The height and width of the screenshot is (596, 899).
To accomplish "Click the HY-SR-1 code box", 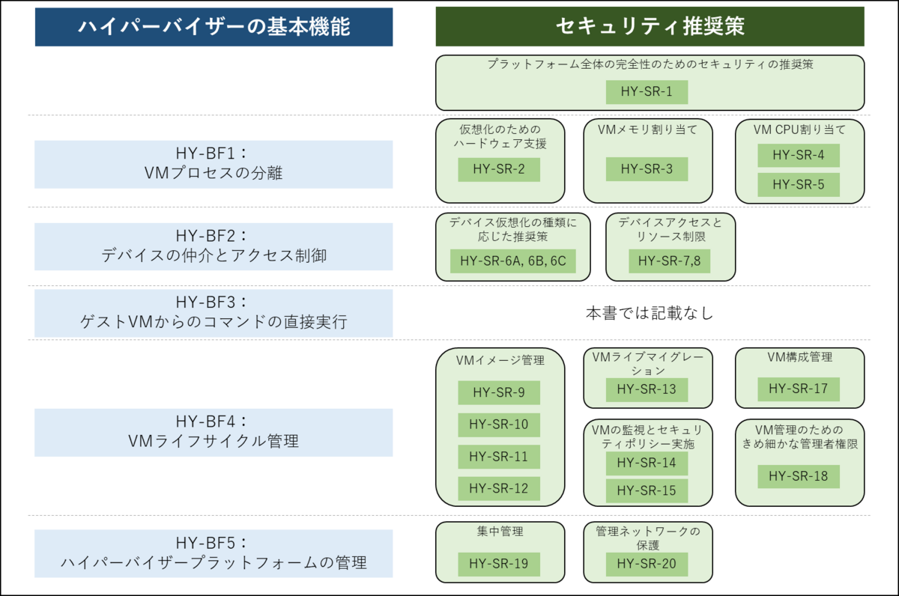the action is coord(647,92).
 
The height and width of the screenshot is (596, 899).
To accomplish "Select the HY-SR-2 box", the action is coord(499,169).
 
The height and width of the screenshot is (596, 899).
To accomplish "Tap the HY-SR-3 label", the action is coord(647,169).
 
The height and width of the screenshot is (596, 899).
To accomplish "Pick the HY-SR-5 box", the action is coord(799,184).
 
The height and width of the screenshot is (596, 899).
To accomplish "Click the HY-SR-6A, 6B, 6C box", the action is coord(513,261).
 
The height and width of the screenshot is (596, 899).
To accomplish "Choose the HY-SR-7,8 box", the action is coord(670,261).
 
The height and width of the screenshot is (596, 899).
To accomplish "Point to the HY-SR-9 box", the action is coord(499,392).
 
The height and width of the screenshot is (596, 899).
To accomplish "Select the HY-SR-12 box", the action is coord(499,488).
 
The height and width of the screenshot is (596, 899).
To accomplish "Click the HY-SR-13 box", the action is coord(647,389).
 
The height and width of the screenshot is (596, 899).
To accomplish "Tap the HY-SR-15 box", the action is coord(647,490).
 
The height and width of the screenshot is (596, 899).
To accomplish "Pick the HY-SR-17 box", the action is coord(799,389).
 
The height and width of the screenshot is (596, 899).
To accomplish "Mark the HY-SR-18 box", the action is coord(799,476).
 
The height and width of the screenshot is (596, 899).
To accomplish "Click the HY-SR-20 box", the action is coord(647,565).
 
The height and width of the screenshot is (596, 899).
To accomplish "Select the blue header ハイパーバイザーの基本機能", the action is coord(214,27).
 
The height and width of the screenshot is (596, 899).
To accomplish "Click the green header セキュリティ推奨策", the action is coord(650,26).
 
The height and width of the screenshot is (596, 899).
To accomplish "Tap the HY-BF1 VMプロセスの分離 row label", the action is coord(214,165).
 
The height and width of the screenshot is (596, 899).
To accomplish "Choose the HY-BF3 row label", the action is coord(214,313).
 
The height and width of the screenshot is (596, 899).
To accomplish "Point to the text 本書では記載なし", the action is coord(650,313).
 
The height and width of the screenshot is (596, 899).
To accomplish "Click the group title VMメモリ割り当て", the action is coord(647,130).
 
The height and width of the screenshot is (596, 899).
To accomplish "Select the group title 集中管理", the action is coord(500,532).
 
